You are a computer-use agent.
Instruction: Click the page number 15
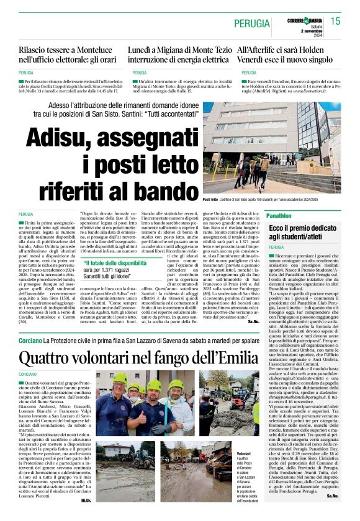click(x=336, y=21)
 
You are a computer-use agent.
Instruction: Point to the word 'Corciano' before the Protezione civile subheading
click(x=30, y=342)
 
